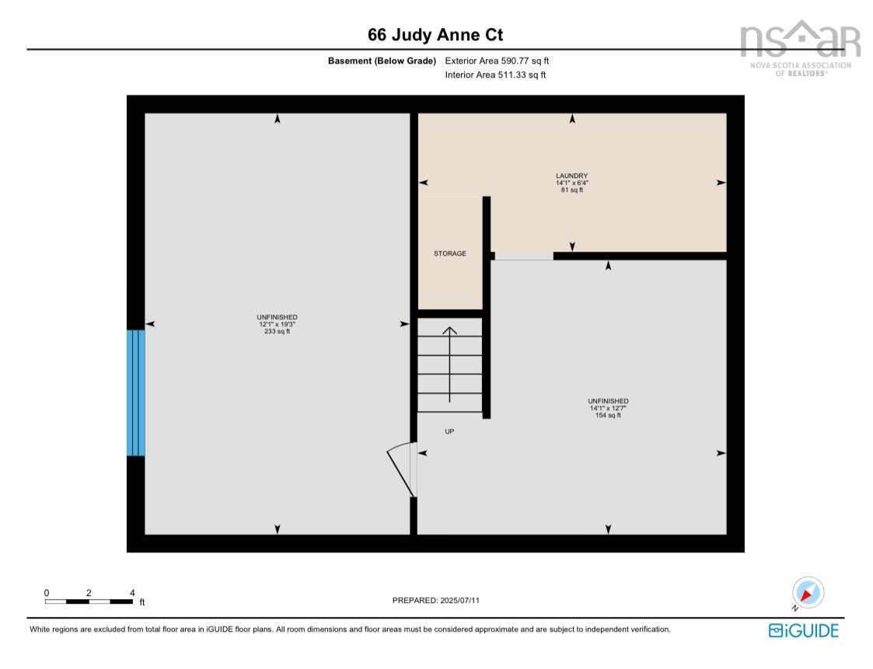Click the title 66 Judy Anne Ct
coord(435,35)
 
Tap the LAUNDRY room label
coord(571,176)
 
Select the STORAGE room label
coord(450,253)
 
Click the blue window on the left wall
coord(136,392)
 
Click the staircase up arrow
coord(449,364)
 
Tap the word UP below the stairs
coord(449,431)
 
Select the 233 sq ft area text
coord(277,331)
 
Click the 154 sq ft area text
coord(608,415)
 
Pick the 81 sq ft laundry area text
coord(571,190)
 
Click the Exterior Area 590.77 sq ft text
coord(497,61)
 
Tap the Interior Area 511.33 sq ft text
coord(495,75)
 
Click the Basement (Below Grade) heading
coord(382,61)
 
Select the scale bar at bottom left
coord(88,601)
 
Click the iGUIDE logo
coord(804,630)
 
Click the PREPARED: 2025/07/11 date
coord(442,600)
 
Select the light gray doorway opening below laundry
coord(524,256)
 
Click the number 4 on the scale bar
coord(131,592)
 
